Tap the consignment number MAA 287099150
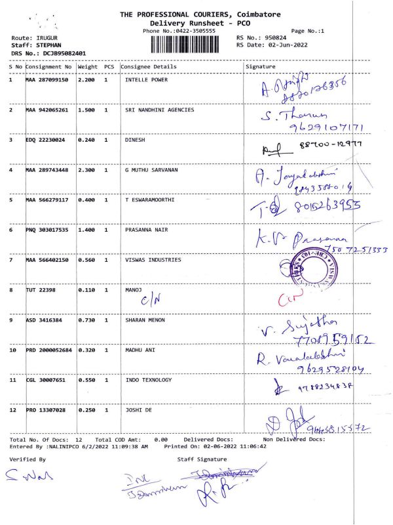coord(47,80)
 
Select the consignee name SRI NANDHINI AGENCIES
coord(159,110)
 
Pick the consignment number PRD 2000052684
coord(49,350)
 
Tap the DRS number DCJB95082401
coord(65,53)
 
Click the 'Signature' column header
coord(260,67)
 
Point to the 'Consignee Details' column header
coord(149,67)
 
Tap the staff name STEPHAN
coord(48,45)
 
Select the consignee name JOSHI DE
coord(138,410)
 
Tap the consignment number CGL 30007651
coord(46,381)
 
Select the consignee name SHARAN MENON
coord(145,320)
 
